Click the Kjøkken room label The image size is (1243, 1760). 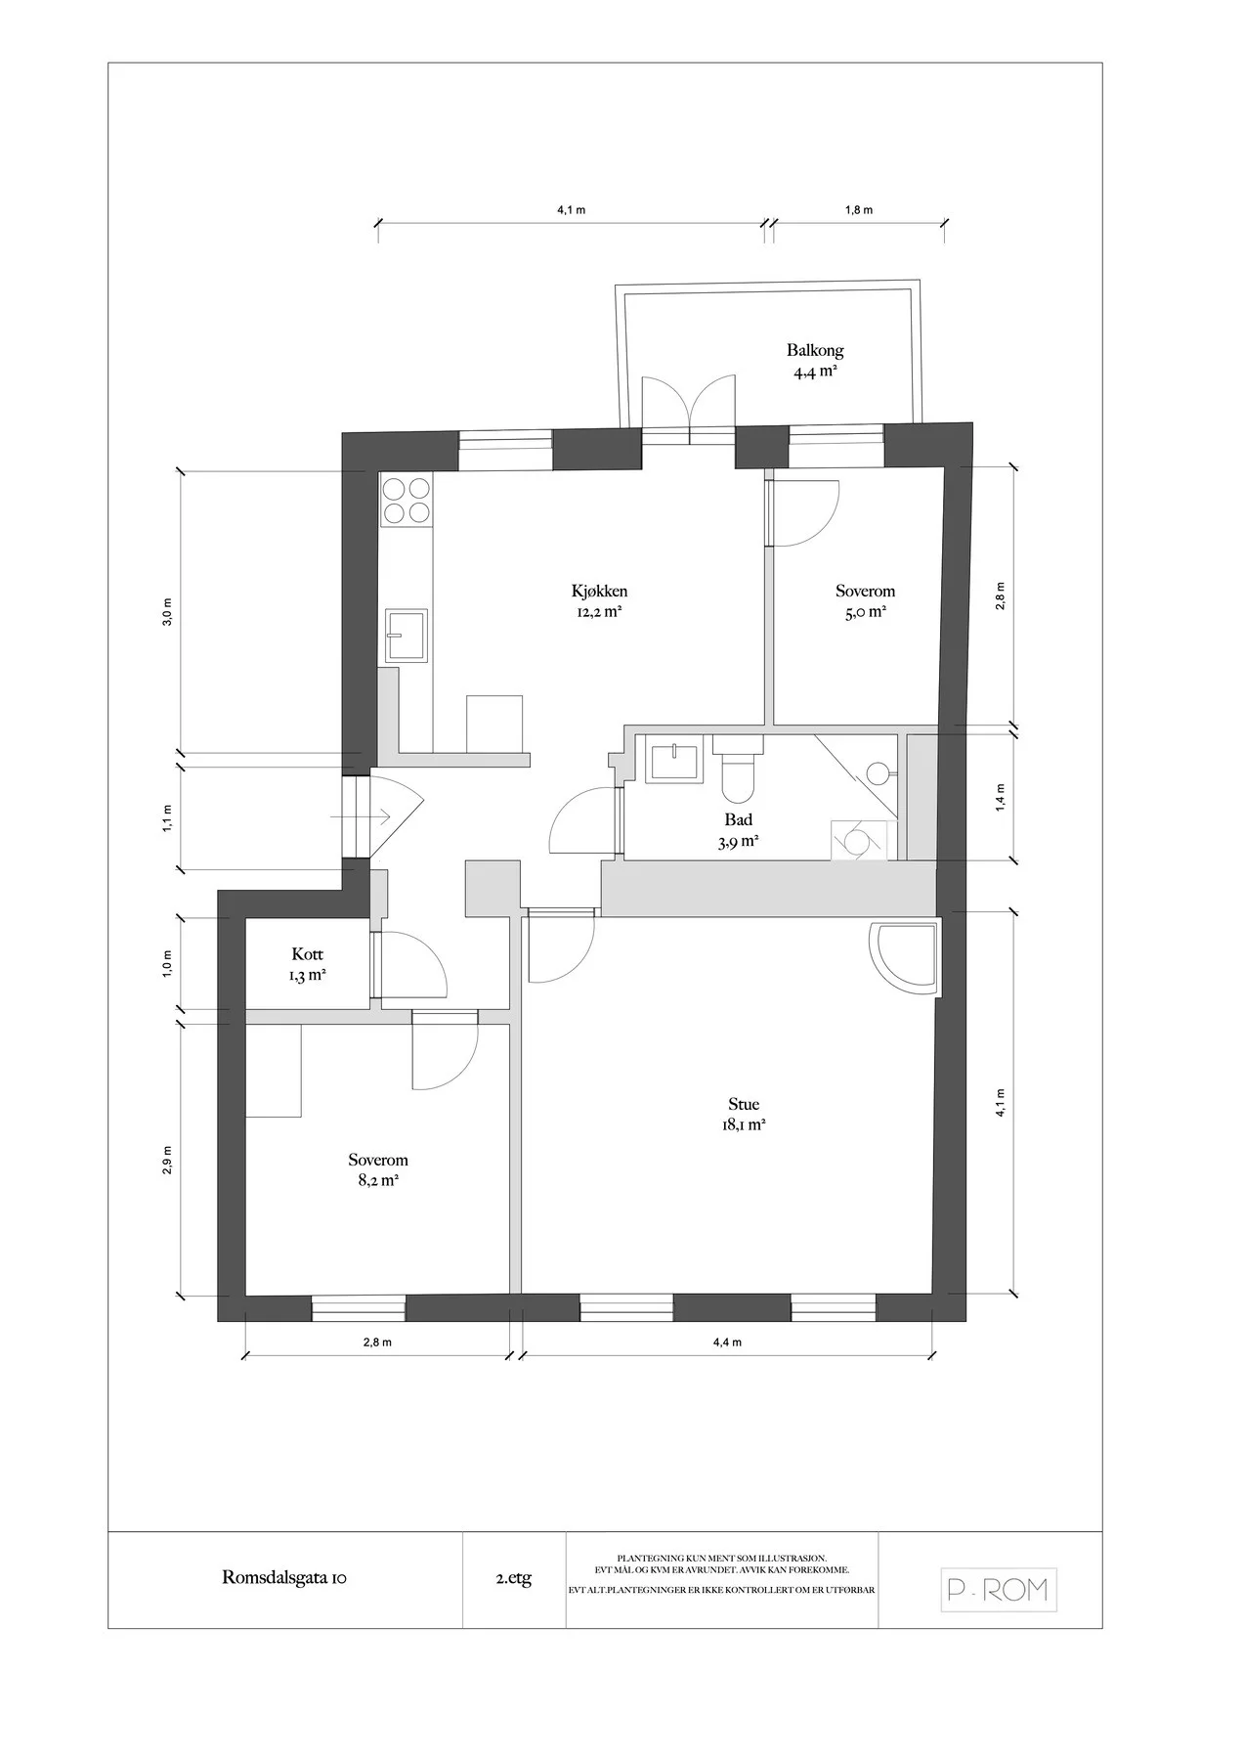click(599, 592)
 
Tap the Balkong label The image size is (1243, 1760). click(815, 350)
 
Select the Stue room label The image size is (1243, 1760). click(744, 1105)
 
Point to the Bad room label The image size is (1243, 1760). click(739, 820)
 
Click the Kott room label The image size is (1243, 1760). click(307, 954)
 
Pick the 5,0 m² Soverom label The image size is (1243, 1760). click(865, 592)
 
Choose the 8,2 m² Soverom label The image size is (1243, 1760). click(378, 1161)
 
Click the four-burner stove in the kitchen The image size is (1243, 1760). click(407, 500)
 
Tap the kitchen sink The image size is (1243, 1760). click(406, 636)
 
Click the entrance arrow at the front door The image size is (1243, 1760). click(362, 815)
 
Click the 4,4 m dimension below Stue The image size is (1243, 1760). click(727, 1342)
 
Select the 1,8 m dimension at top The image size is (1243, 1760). click(859, 210)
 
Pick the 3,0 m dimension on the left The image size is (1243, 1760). click(167, 612)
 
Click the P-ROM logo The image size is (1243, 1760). click(999, 1591)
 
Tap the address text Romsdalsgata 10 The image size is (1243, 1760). click(284, 1578)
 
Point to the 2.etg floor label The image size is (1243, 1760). click(514, 1579)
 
